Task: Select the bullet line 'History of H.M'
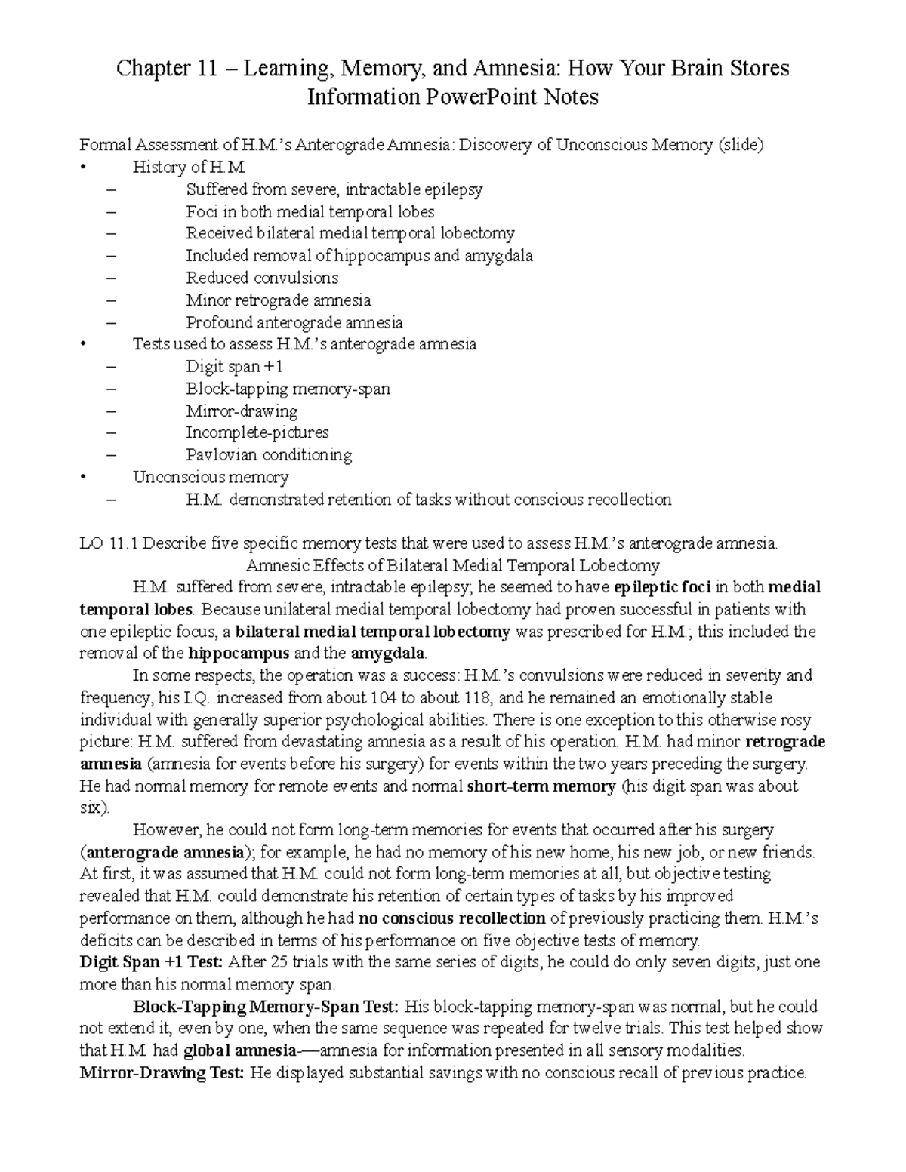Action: click(190, 168)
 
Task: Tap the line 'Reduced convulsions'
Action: click(262, 278)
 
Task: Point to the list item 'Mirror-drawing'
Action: click(242, 411)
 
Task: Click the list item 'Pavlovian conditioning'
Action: click(269, 455)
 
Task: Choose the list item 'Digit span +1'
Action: click(234, 367)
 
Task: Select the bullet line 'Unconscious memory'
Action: click(211, 477)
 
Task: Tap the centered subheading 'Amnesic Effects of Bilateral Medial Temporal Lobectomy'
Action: click(453, 565)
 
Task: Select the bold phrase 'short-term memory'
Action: click(541, 786)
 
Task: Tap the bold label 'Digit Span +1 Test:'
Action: click(151, 962)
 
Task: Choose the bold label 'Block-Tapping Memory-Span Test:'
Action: click(264, 1007)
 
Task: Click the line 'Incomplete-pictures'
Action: click(257, 433)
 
